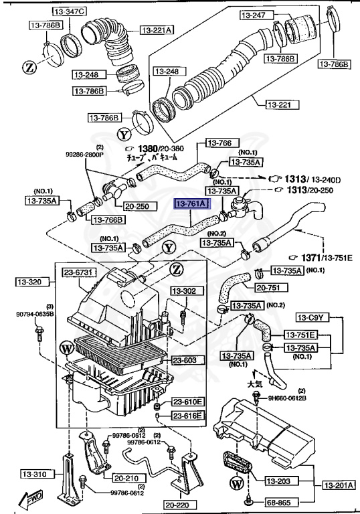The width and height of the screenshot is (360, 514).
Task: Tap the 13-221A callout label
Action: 157,29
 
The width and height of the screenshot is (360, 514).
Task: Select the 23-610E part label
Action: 188,402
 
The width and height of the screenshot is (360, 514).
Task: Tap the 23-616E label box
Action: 188,416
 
